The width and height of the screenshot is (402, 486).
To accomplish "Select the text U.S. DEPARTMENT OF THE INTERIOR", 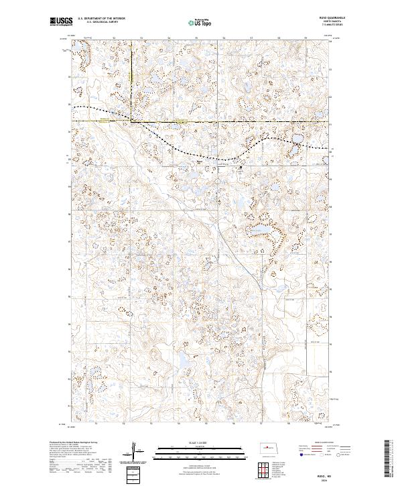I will click(105, 18).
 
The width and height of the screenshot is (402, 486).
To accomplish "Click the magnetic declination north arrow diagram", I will click(137, 450).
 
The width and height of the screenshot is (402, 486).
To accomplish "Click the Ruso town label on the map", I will click(199, 160).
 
